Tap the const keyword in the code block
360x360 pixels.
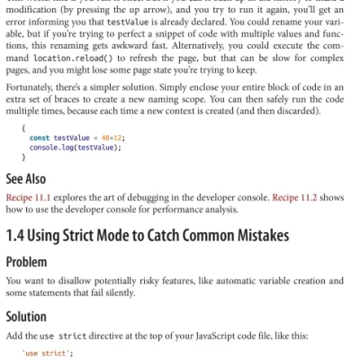point(40,137)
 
